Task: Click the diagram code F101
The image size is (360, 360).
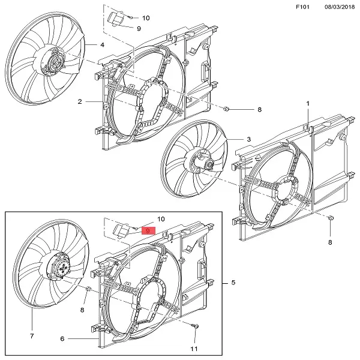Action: coord(304,7)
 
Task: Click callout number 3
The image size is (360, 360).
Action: coord(248,140)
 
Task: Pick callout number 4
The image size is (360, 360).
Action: coord(103,45)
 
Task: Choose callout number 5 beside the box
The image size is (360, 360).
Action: coord(233,283)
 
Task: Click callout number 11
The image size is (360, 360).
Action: coord(194,348)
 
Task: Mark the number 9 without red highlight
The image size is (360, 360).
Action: coord(139,28)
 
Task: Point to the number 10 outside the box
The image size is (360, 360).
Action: coord(146,18)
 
